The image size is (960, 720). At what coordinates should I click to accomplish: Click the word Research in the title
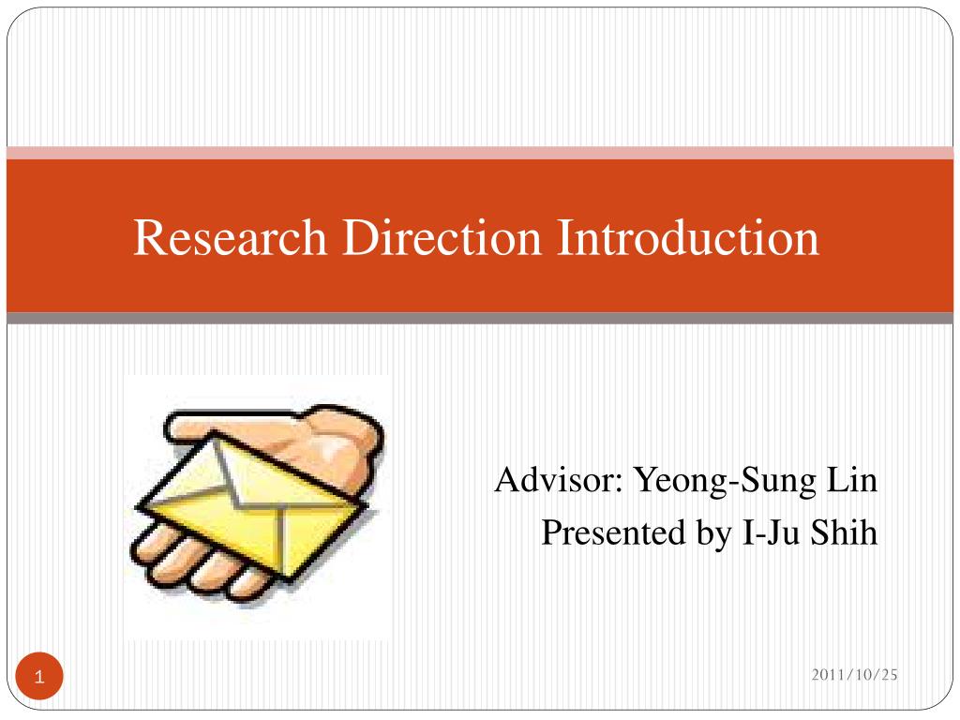tap(230, 237)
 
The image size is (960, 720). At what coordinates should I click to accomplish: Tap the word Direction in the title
tap(441, 237)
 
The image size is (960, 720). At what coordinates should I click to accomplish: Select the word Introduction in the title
tap(688, 237)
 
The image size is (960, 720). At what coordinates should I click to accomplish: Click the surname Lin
tap(851, 482)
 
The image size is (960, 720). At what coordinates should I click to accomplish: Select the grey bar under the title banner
tap(480, 319)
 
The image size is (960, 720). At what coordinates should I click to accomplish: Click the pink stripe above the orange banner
tap(480, 153)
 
